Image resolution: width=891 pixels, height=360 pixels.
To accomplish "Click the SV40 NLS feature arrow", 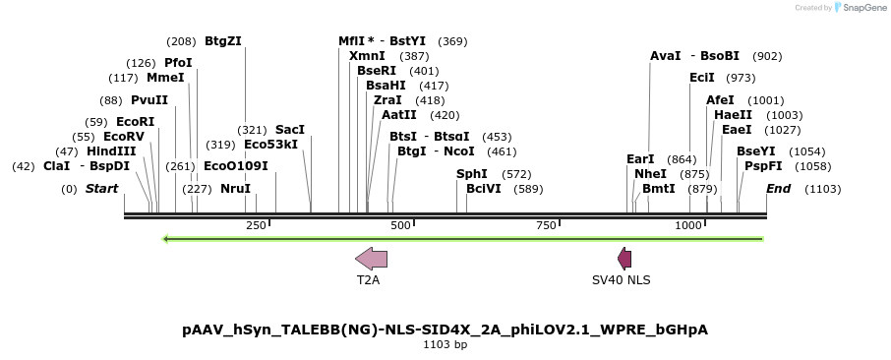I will click(x=624, y=259).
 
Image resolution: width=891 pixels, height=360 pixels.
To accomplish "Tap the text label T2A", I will click(x=368, y=280).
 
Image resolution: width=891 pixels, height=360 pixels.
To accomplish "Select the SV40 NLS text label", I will click(x=621, y=280).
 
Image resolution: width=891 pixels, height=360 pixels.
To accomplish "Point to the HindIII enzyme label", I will click(x=110, y=151).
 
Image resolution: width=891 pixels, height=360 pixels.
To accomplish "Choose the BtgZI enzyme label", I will click(x=222, y=41).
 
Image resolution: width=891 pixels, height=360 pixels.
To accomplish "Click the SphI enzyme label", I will click(x=472, y=174).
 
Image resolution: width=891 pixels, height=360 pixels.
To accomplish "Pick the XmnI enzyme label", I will click(x=367, y=56).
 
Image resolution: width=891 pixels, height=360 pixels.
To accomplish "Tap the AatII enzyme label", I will click(x=397, y=115).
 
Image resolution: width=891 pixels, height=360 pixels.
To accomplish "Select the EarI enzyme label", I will click(x=640, y=159).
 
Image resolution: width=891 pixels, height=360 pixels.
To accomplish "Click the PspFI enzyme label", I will click(x=763, y=166).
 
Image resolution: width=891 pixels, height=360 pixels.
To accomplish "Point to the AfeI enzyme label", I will click(x=720, y=100).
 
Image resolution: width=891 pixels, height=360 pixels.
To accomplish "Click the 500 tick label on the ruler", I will click(x=400, y=226).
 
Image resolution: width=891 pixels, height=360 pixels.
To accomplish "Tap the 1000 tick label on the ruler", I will click(x=687, y=226).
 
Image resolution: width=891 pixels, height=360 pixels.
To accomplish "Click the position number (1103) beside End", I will click(x=822, y=189).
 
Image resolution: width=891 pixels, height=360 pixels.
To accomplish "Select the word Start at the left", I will click(x=101, y=189).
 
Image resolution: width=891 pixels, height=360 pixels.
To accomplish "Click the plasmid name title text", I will click(x=445, y=330).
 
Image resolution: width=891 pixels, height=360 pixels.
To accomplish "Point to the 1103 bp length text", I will click(x=445, y=345).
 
